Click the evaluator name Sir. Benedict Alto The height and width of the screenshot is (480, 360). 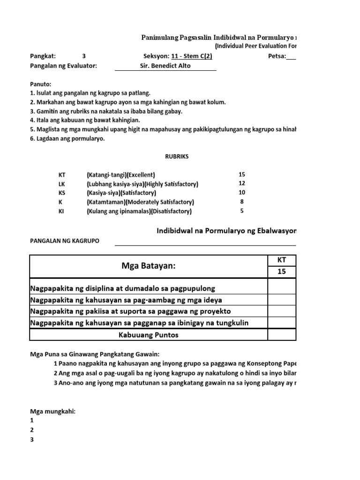[165, 66]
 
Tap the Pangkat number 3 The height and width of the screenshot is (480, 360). [84, 56]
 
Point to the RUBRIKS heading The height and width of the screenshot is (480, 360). [177, 157]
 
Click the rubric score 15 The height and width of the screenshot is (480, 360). [242, 174]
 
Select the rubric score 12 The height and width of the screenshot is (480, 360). [242, 184]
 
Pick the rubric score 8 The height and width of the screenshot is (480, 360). [242, 202]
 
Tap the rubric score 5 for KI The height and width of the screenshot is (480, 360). [242, 211]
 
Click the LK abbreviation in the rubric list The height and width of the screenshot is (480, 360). [62, 184]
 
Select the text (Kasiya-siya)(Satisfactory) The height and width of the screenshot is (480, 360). [121, 193]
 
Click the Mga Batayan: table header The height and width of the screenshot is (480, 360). [148, 266]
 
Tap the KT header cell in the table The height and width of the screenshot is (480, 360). [282, 260]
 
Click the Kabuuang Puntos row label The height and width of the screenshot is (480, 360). [148, 335]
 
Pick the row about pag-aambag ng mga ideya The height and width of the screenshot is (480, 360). [126, 300]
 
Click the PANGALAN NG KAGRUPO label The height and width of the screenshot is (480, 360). [65, 241]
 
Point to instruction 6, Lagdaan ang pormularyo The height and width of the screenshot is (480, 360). [68, 139]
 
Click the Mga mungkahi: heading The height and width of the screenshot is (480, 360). [53, 412]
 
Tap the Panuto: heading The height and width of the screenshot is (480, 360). [41, 84]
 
